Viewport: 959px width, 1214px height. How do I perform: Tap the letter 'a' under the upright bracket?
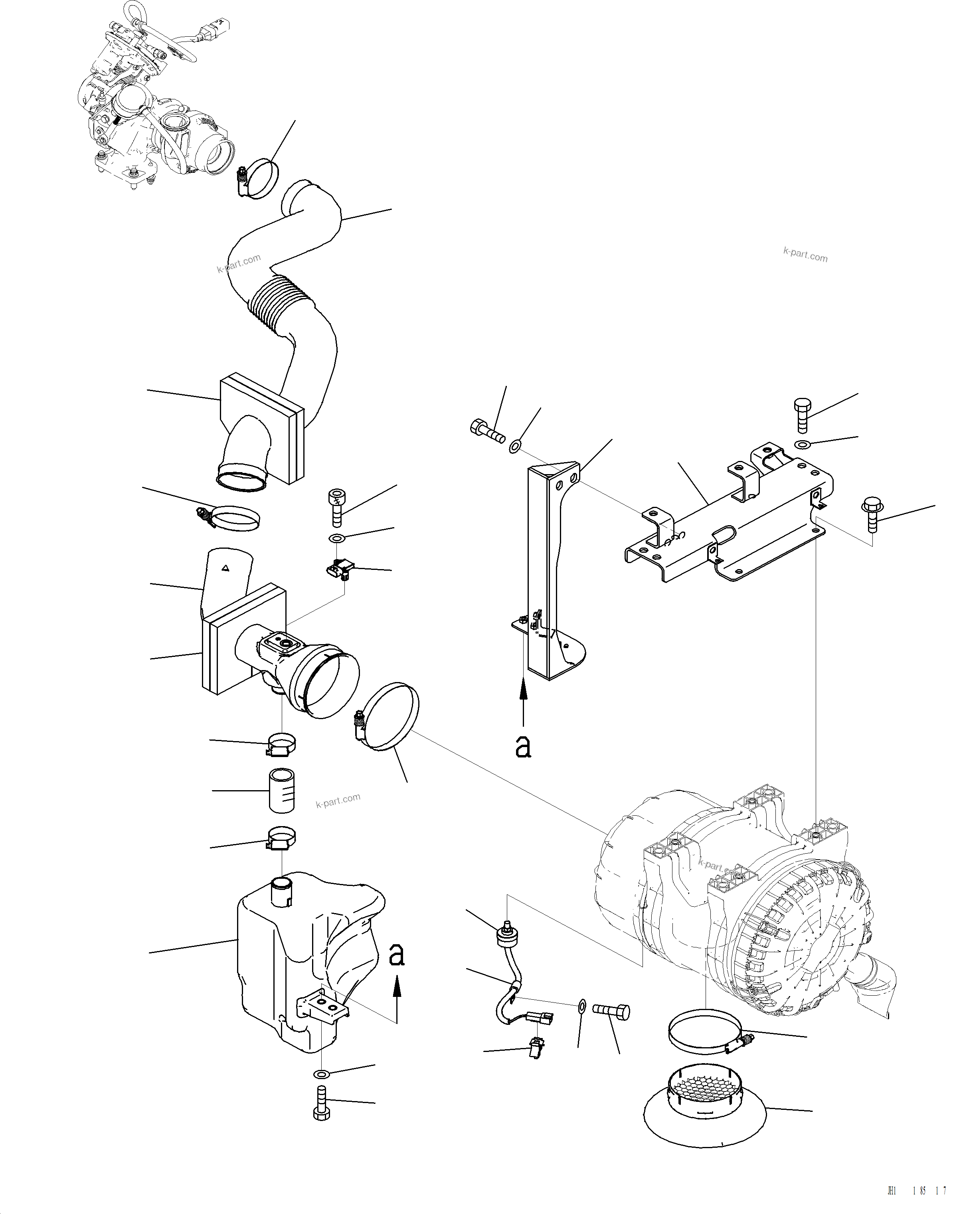coord(523,747)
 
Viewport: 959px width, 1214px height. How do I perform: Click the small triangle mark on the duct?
coord(225,569)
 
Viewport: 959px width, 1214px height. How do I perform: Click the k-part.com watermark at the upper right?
coord(805,255)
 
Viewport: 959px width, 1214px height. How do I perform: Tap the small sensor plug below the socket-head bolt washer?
coord(338,569)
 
